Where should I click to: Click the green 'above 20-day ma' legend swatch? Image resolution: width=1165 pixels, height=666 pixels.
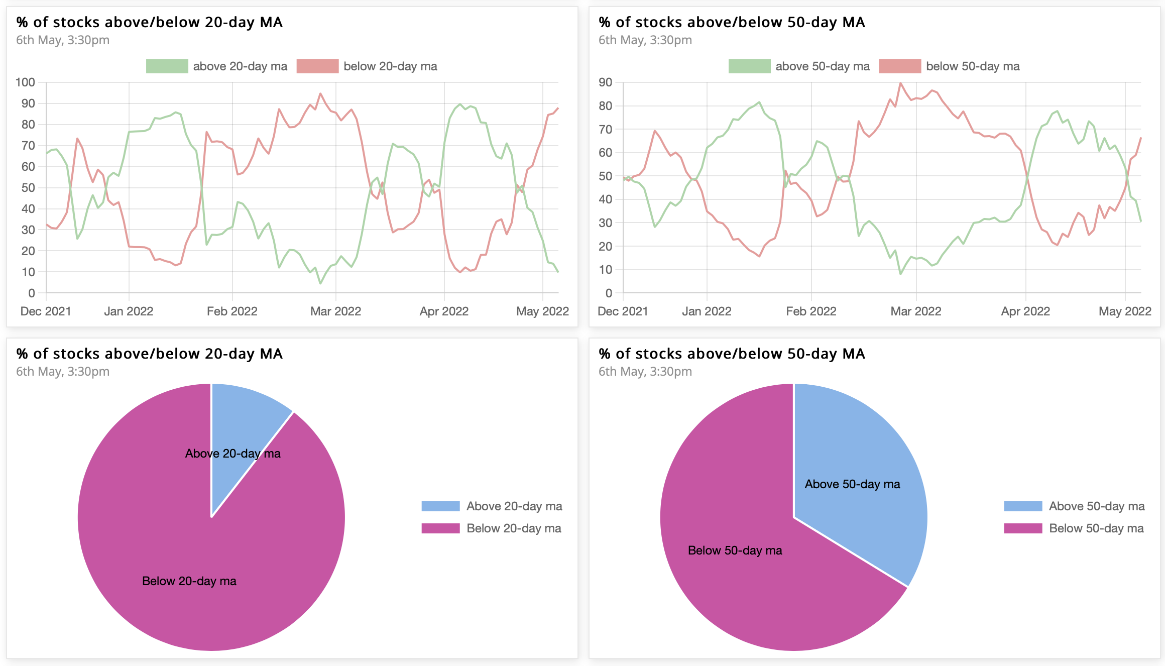click(x=167, y=66)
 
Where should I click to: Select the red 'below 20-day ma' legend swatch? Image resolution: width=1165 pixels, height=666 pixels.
click(x=317, y=66)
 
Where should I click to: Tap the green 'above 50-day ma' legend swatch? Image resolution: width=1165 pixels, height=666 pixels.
click(x=749, y=66)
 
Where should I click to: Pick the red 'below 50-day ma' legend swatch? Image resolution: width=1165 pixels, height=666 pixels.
click(x=900, y=66)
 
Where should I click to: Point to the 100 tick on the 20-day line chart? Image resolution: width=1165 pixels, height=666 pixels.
click(x=25, y=82)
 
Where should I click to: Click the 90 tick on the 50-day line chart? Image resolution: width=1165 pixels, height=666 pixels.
click(x=605, y=82)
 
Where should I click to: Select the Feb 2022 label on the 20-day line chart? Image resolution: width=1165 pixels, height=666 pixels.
click(x=232, y=311)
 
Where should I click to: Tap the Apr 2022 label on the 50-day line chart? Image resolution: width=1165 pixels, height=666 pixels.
click(x=1025, y=311)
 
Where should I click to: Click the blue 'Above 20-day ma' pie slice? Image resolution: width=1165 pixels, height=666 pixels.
click(x=241, y=427)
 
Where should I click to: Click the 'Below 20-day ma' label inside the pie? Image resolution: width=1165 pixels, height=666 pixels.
click(x=189, y=581)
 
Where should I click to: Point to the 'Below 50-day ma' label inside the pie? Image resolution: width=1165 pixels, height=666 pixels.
click(x=735, y=550)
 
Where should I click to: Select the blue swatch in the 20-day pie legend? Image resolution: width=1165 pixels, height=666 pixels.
click(x=440, y=506)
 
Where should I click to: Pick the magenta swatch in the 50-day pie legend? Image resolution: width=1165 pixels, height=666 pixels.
click(x=1023, y=528)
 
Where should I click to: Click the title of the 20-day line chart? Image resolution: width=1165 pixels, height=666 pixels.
click(x=149, y=23)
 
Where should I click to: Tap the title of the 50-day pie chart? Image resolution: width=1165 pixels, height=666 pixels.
click(x=732, y=354)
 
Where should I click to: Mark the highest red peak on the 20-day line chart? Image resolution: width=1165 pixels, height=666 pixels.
click(x=320, y=93)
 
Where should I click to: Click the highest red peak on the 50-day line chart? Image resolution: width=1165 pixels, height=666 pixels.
click(x=900, y=83)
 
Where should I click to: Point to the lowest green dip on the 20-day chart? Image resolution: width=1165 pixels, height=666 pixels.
click(x=320, y=283)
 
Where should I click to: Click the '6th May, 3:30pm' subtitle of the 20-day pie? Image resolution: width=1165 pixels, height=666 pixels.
click(x=63, y=372)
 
